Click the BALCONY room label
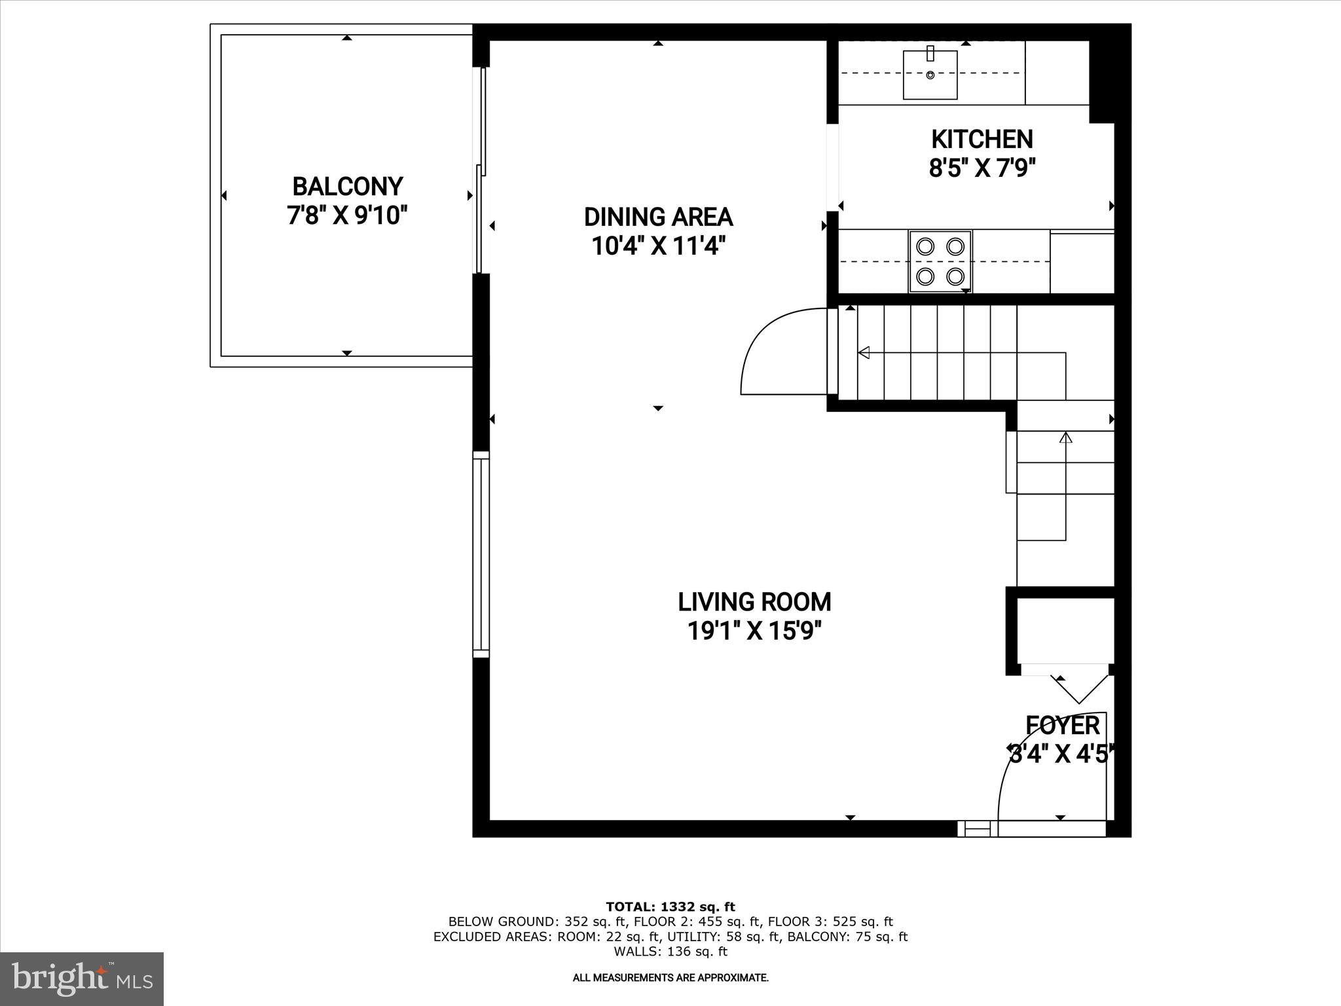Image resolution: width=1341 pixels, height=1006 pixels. click(347, 187)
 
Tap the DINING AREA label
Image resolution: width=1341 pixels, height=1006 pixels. click(658, 217)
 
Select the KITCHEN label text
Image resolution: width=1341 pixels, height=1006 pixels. click(982, 139)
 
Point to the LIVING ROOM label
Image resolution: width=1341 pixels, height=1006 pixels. click(754, 601)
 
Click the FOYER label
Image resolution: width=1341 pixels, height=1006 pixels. click(1062, 726)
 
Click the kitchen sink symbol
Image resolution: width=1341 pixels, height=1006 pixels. click(930, 75)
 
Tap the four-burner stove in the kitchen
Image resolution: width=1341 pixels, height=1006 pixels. click(940, 261)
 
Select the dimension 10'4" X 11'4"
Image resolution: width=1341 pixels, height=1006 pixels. click(658, 247)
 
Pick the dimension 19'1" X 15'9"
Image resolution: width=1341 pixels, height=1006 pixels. click(754, 631)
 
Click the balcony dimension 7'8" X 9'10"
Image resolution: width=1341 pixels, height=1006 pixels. click(347, 215)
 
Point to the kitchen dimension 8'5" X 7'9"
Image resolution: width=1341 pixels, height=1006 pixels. click(982, 168)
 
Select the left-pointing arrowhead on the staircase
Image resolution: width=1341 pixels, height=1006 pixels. click(864, 353)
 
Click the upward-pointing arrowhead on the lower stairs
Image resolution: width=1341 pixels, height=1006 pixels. click(1065, 437)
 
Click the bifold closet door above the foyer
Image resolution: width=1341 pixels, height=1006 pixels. click(1078, 686)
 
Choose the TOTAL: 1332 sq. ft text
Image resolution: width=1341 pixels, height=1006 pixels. click(670, 907)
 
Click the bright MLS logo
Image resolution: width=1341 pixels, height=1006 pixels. click(82, 978)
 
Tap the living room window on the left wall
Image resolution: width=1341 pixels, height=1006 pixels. click(481, 554)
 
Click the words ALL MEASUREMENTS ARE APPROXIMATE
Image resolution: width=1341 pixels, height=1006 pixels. click(670, 978)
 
